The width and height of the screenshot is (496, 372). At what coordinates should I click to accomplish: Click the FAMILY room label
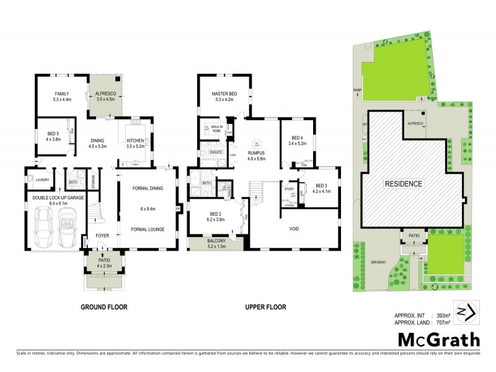click(63, 93)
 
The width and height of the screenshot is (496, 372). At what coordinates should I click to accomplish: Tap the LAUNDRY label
click(43, 180)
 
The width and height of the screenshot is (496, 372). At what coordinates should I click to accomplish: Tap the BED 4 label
click(297, 138)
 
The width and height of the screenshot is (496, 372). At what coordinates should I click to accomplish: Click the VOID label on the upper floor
click(294, 229)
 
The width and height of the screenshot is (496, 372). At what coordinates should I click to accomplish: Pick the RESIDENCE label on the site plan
click(404, 184)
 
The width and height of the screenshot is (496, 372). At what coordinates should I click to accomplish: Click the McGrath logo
click(437, 340)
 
